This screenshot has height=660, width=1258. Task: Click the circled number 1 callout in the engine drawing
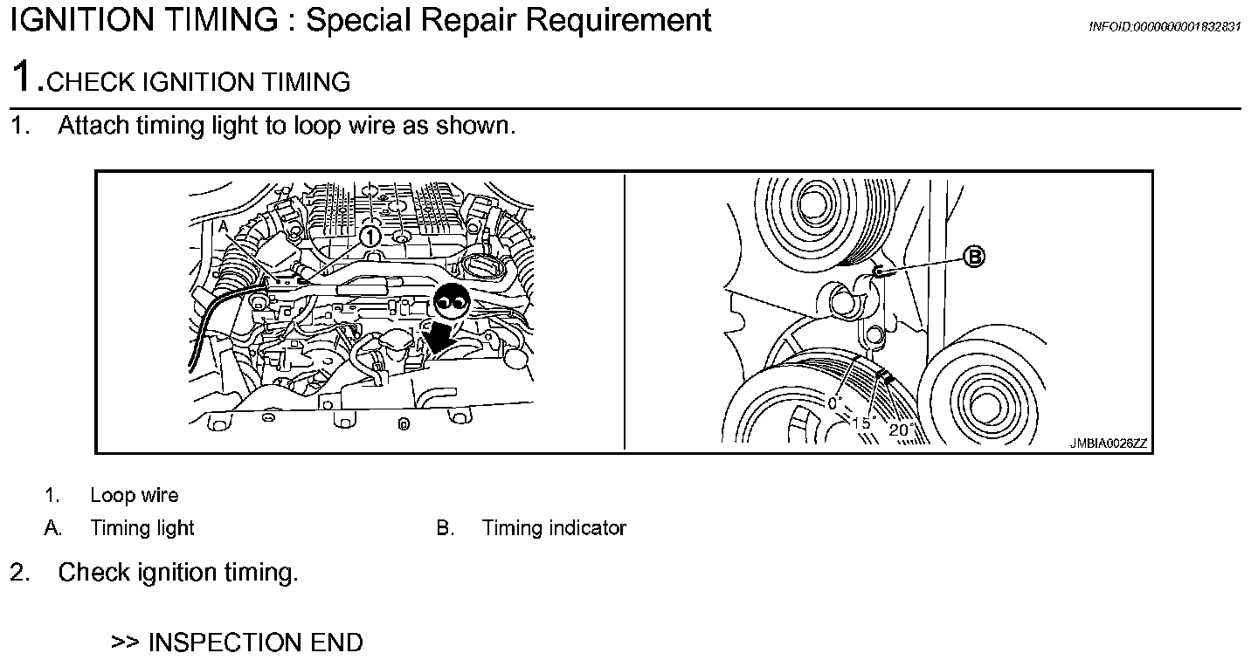pos(370,236)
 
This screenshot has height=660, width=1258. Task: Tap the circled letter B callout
pos(973,256)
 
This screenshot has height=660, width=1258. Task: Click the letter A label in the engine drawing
pos(224,226)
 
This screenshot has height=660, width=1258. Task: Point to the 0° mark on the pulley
pos(833,403)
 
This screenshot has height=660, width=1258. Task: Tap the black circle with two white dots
pos(453,302)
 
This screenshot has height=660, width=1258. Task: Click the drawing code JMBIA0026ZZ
pos(1108,443)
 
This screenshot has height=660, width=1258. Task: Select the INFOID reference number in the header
pos(1164,26)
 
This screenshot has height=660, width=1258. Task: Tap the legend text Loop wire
pos(135,496)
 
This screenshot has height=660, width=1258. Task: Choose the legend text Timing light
pos(142,528)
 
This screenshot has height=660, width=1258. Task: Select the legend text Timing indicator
pos(554,528)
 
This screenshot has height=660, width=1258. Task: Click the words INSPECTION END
pos(256,643)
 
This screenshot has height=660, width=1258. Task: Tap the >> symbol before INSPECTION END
pos(126,643)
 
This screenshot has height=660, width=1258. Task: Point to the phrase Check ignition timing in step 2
pos(178,574)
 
